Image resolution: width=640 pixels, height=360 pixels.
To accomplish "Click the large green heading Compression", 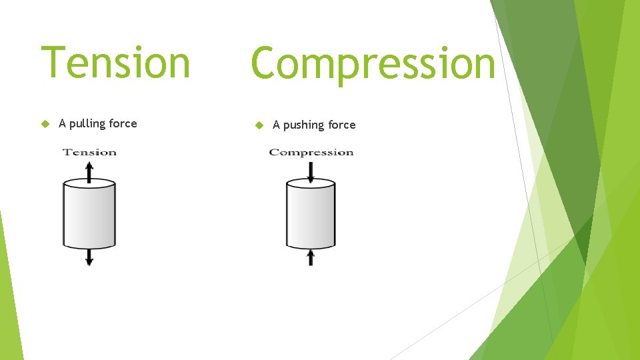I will (373, 63).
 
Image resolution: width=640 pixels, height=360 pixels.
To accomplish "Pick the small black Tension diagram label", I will (89, 152).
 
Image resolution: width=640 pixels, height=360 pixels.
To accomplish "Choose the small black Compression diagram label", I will (311, 152).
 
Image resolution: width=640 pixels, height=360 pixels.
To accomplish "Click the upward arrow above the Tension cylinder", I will (89, 170).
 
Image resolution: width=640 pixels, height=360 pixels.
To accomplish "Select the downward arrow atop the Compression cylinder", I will (311, 172).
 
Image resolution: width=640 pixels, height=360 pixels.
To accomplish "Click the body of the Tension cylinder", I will (89, 217).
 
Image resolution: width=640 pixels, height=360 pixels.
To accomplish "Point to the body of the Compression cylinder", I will (311, 217).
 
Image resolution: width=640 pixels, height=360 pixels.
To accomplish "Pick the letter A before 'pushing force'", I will (277, 125).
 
